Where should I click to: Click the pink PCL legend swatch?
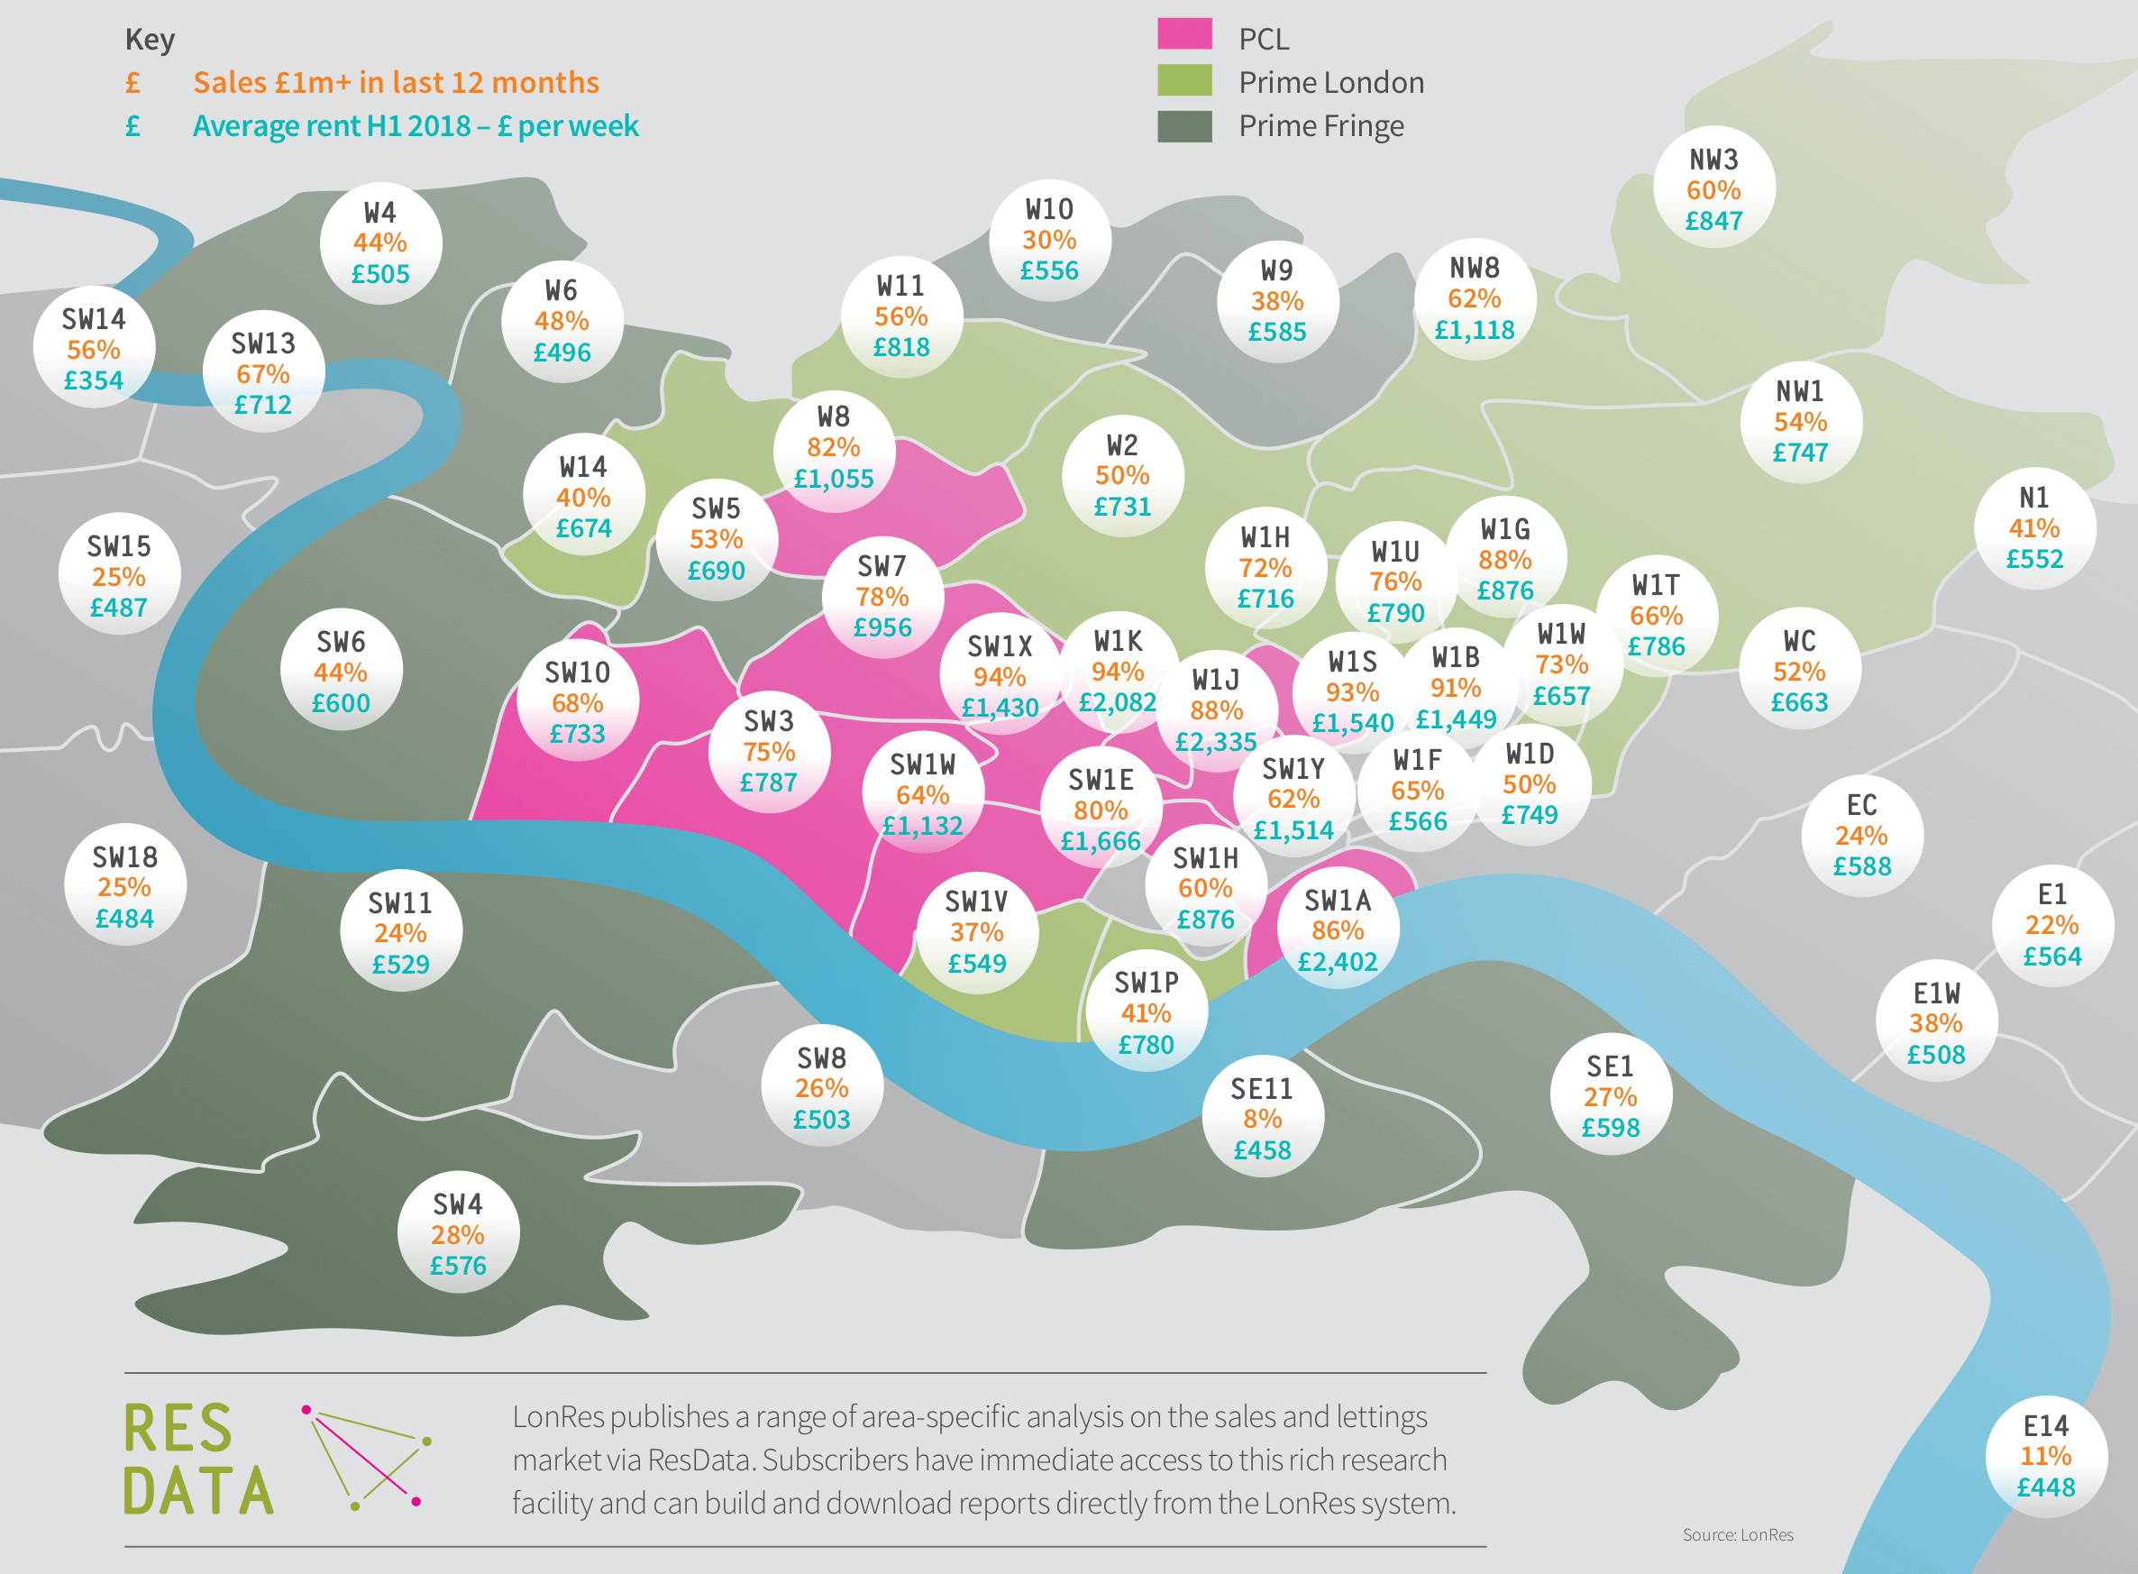coord(1184,33)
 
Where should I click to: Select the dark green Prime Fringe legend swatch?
coord(1184,126)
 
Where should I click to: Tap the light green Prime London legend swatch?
coord(1184,80)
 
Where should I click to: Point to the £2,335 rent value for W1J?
coord(1216,741)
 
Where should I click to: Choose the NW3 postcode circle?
coord(1713,188)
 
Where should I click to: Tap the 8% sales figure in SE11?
coord(1263,1119)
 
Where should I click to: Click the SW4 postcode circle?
coord(458,1233)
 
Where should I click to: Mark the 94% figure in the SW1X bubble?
coord(1000,676)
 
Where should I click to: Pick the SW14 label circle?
coord(94,348)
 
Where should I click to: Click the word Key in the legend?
coord(150,39)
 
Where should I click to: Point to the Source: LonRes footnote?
coord(1738,1535)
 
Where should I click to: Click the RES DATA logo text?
coord(198,1459)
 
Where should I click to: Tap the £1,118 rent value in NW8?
coord(1474,330)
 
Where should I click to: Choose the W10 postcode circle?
coord(1049,239)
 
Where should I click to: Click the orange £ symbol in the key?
coord(133,83)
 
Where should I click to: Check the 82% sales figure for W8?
coord(834,447)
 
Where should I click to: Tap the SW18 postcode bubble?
coord(124,886)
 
